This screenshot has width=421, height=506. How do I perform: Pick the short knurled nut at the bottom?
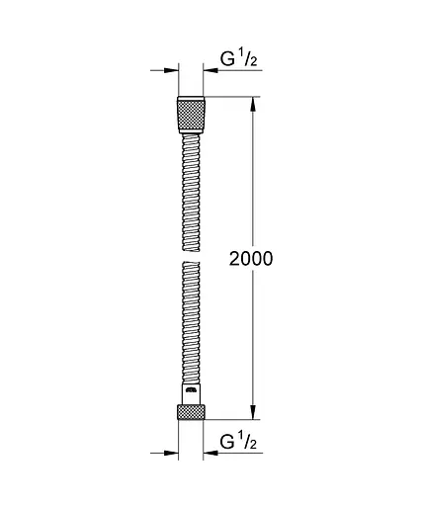click(x=191, y=413)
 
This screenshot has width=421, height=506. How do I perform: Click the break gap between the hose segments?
click(x=191, y=255)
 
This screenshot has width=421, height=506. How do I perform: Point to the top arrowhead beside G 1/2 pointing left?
click(x=210, y=71)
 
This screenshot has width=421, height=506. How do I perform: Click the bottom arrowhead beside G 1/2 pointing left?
click(x=210, y=452)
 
